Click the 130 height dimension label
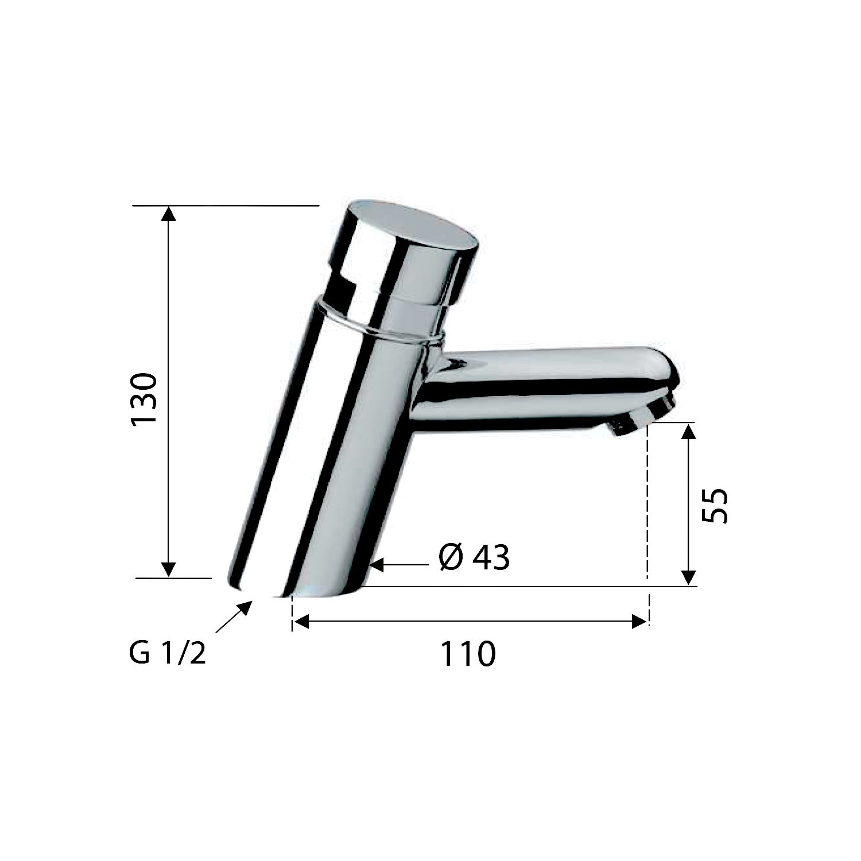pyautogui.click(x=144, y=399)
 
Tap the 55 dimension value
pyautogui.click(x=715, y=506)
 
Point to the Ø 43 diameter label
pyautogui.click(x=474, y=557)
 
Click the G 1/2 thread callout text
pyautogui.click(x=167, y=654)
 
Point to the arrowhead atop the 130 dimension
pyautogui.click(x=168, y=214)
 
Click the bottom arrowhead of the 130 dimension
pyautogui.click(x=168, y=568)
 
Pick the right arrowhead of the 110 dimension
pyautogui.click(x=639, y=621)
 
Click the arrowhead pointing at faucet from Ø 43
pyautogui.click(x=377, y=565)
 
